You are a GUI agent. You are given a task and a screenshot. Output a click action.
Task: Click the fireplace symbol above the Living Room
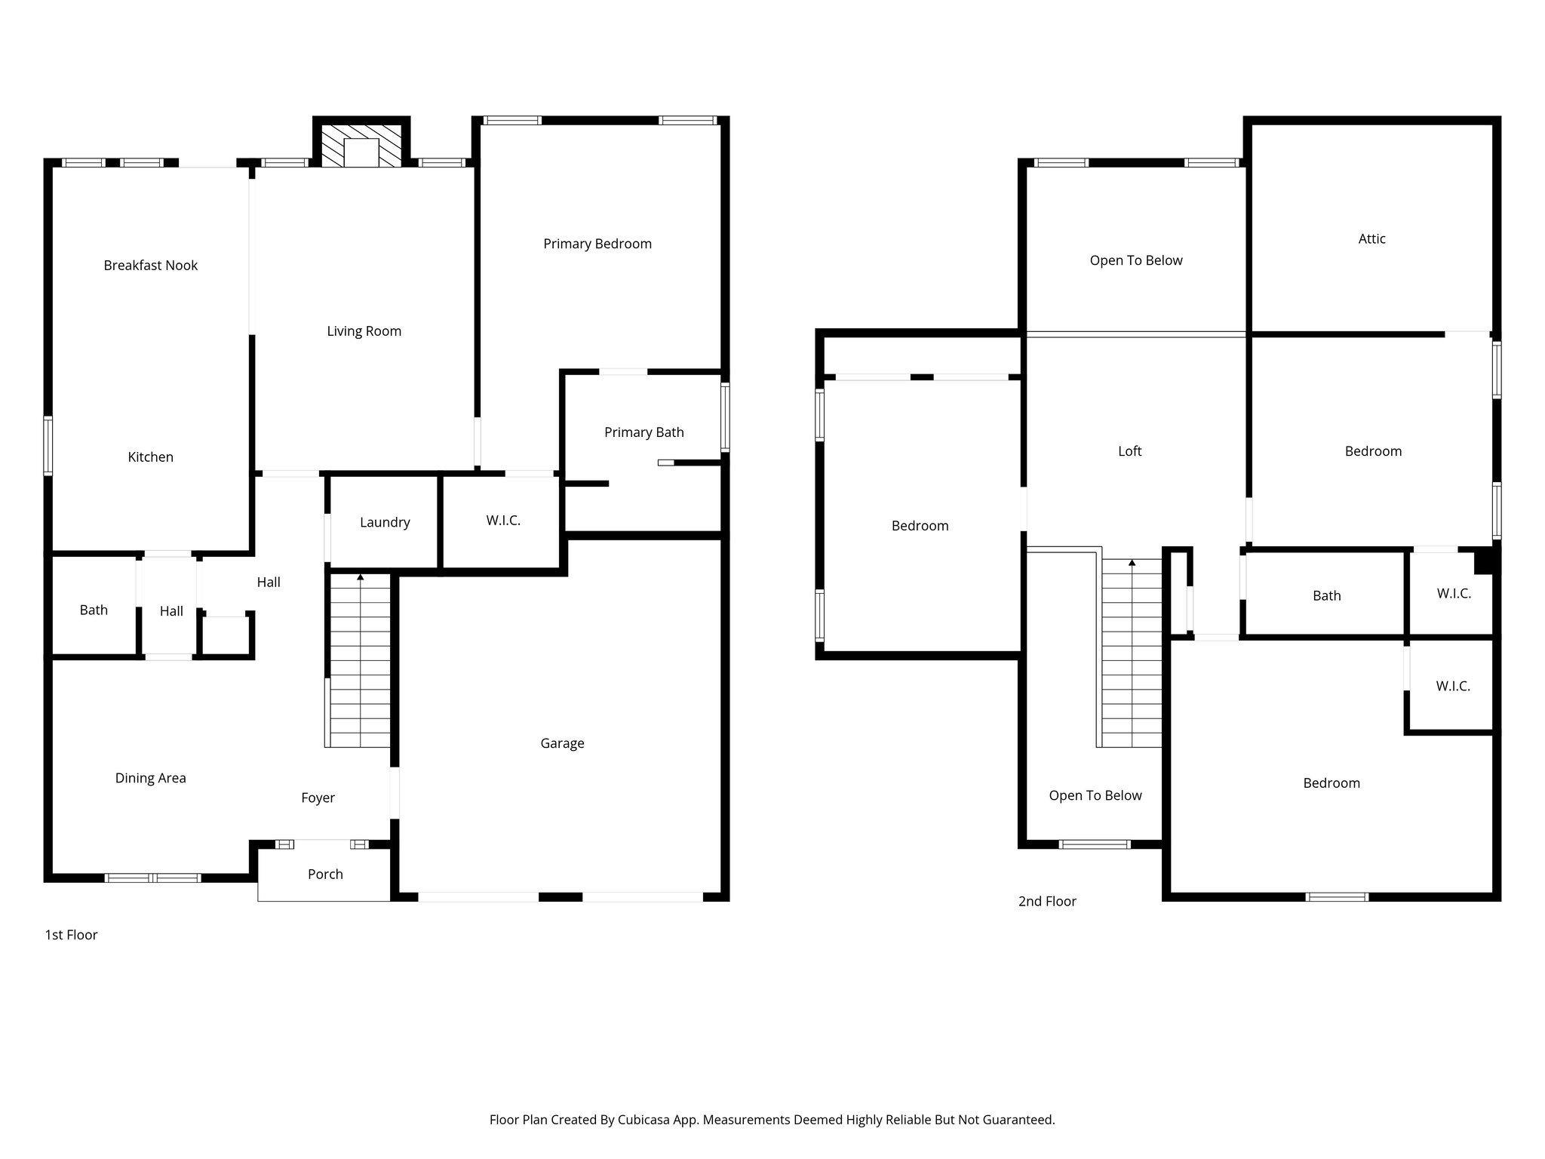[x=361, y=146]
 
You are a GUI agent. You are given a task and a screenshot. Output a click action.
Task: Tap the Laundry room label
[x=385, y=522]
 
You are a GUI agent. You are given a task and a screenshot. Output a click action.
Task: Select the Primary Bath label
[x=643, y=432]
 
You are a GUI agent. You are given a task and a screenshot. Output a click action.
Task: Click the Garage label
[x=562, y=743]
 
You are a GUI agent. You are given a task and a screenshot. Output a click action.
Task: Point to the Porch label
[x=325, y=874]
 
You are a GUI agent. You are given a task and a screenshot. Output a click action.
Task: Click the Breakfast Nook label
[x=150, y=266]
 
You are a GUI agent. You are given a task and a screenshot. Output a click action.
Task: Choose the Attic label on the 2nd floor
[x=1371, y=239]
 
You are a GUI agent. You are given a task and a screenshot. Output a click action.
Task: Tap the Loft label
[x=1129, y=451]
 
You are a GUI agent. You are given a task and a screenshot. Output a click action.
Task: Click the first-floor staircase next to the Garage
[x=361, y=660]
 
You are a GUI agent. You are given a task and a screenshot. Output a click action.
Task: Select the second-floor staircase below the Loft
[x=1132, y=653]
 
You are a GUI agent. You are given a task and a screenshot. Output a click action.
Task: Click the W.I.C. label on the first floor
[x=503, y=521]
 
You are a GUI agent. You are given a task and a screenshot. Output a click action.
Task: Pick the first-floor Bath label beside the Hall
[x=94, y=610]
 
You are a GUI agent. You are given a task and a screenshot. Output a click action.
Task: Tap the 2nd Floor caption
[x=1047, y=901]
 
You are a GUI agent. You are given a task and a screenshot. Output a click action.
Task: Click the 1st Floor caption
[x=71, y=935]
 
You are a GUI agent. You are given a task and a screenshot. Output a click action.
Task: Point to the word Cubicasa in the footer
[x=646, y=1120]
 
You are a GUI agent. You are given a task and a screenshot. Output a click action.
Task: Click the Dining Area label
[x=150, y=778]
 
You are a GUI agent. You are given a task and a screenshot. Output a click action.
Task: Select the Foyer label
[x=318, y=798]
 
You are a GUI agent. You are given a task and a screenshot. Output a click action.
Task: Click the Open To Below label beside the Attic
[x=1135, y=260]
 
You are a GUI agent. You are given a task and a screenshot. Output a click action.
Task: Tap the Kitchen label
[x=150, y=457]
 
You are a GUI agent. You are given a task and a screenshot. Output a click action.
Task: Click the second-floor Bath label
[x=1326, y=596]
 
